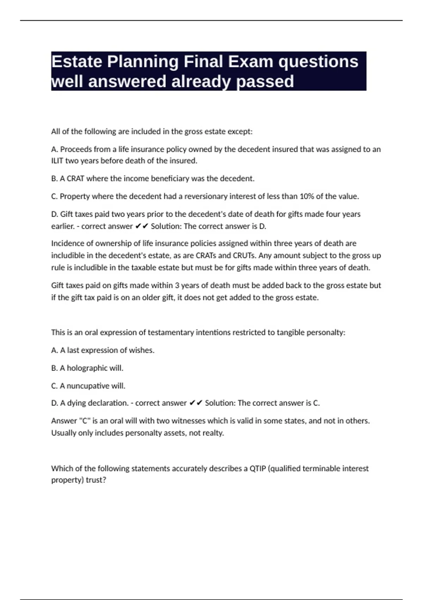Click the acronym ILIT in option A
57,161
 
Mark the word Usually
63,433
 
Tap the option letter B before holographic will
54,368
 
